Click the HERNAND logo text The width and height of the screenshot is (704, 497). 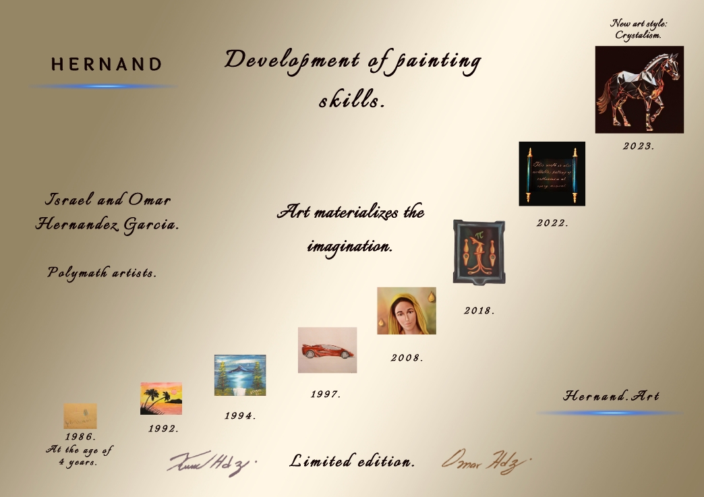(107, 65)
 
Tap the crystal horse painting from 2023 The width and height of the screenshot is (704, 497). (639, 89)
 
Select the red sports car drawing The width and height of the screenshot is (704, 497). (327, 350)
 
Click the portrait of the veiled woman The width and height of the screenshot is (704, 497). (406, 310)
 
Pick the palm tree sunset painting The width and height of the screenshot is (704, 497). (161, 399)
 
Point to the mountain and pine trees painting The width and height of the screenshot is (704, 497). (239, 375)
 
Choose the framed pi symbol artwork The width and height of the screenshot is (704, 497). (479, 251)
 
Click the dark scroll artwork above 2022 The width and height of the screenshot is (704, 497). (552, 173)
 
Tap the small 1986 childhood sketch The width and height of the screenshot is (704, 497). (80, 416)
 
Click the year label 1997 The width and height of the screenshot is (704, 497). (326, 394)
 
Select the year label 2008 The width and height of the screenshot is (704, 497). (407, 358)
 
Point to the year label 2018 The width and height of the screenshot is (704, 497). (479, 311)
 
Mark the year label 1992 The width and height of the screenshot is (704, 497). (164, 428)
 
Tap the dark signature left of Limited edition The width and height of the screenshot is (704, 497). (210, 463)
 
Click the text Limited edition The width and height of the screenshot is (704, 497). (352, 462)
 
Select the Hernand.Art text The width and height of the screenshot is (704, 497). (611, 396)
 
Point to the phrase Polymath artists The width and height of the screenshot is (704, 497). (102, 272)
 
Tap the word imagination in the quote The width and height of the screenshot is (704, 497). (349, 247)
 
